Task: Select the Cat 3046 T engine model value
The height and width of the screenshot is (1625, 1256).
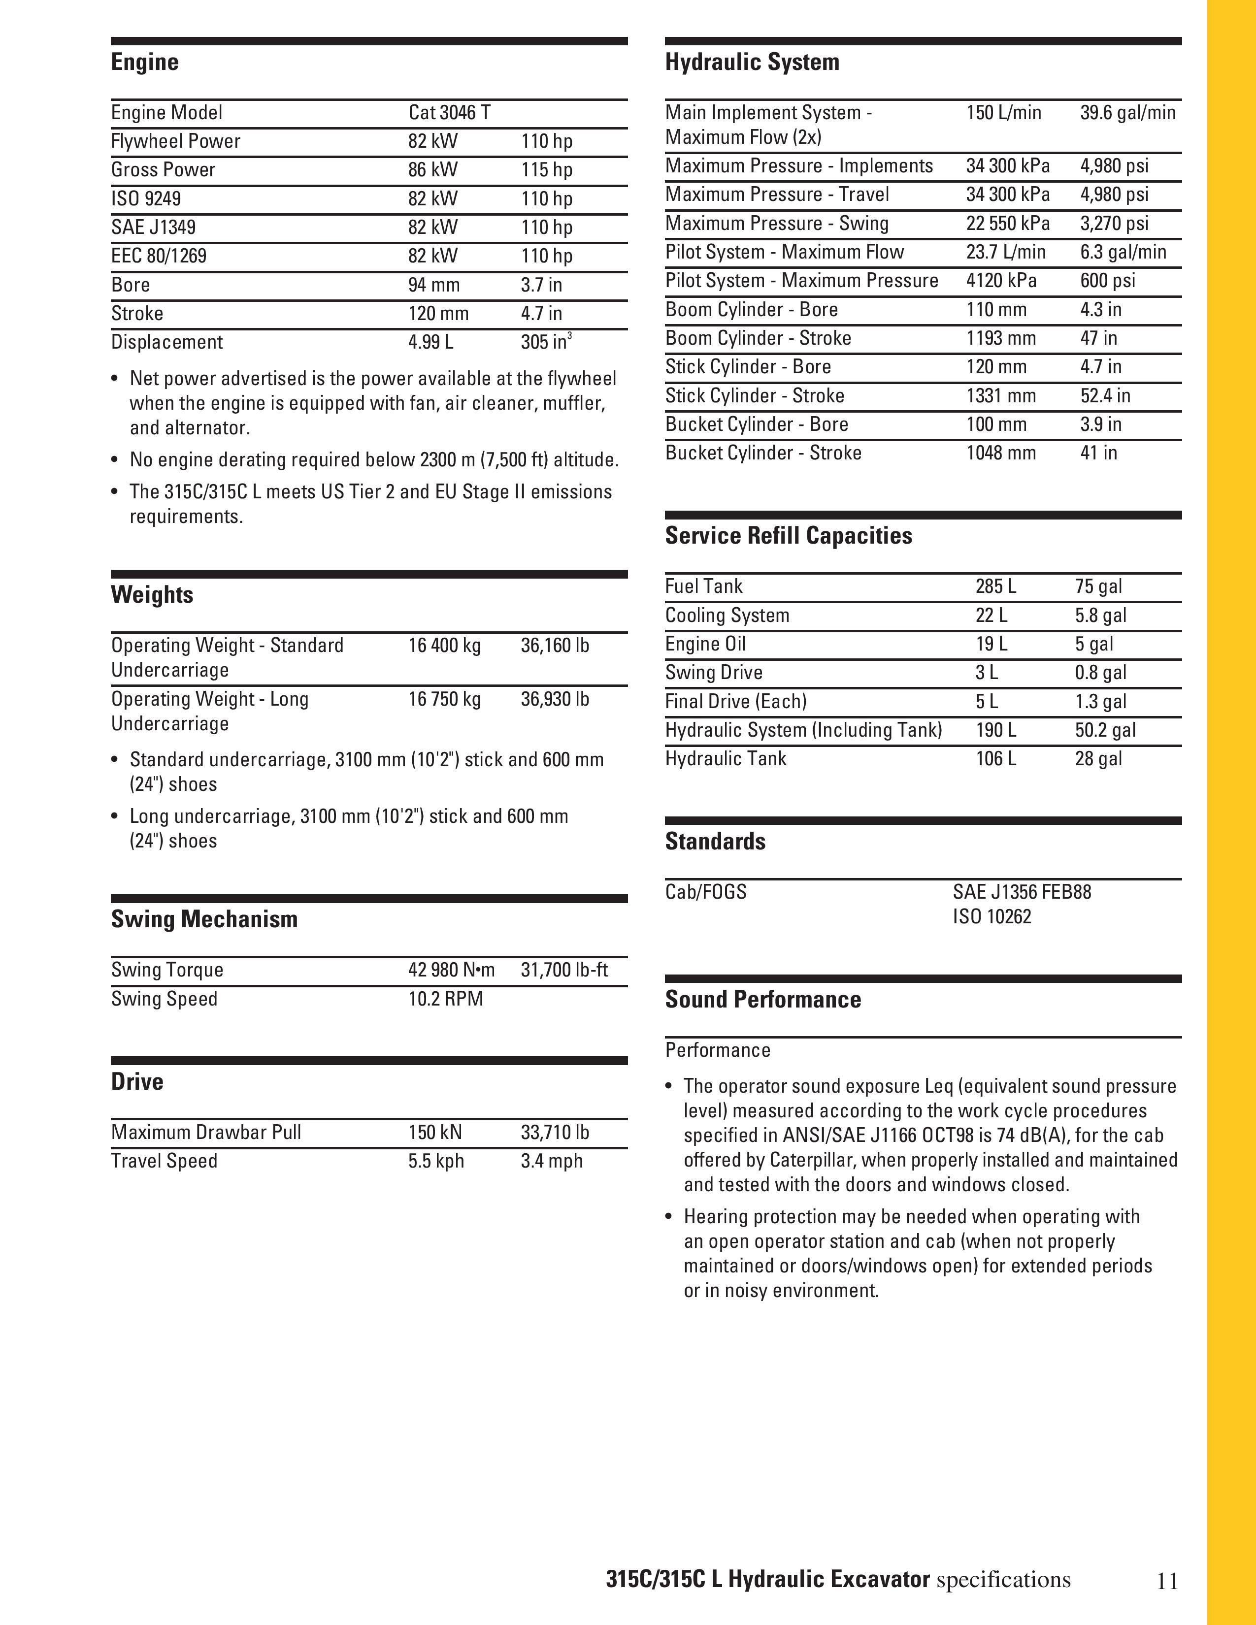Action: click(449, 112)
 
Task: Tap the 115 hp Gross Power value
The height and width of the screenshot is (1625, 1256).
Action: click(546, 170)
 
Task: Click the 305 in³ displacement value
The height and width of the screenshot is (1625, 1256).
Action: click(545, 342)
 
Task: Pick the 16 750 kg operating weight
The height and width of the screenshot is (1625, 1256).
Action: click(444, 699)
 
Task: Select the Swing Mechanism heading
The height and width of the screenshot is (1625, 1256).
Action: click(204, 920)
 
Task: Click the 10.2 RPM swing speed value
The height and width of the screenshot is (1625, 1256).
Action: click(445, 999)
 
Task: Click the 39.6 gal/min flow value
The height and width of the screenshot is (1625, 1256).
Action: click(1127, 112)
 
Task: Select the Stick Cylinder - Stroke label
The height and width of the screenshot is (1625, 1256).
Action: click(755, 396)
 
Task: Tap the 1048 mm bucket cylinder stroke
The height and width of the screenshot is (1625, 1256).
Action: click(1001, 453)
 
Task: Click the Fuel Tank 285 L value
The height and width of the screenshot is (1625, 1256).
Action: click(995, 586)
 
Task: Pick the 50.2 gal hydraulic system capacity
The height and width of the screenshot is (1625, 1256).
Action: click(1105, 730)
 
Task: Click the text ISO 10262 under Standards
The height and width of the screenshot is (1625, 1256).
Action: click(992, 917)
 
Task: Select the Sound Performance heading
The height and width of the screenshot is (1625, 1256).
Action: click(762, 999)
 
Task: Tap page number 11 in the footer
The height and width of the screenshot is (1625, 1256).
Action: click(1167, 1580)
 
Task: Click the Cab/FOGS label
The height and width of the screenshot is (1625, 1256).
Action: click(705, 892)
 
